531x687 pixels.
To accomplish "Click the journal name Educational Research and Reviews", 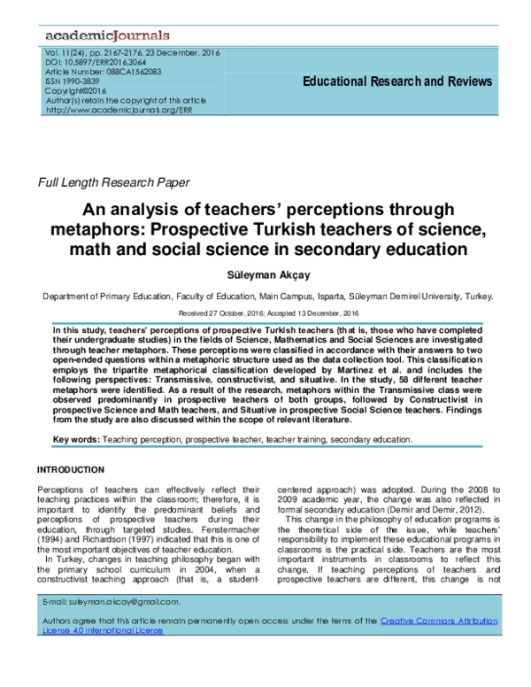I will (397, 81).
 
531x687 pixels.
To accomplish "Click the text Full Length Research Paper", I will (113, 182).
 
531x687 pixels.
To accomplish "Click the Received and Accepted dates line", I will (265, 313).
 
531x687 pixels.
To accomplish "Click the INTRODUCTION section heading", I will (70, 469).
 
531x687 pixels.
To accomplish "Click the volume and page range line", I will (132, 53).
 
